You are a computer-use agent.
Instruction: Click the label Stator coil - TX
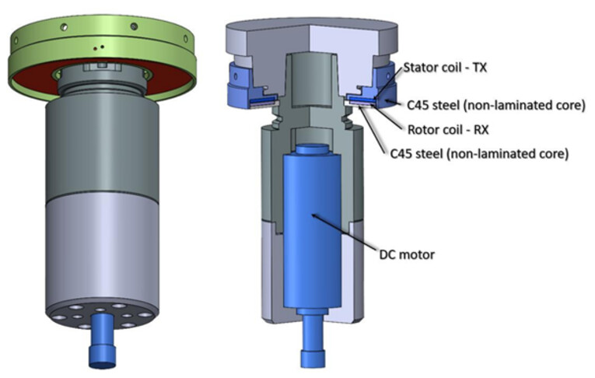point(444,68)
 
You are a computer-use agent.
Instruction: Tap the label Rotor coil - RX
point(448,130)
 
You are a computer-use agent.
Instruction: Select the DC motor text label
point(407,254)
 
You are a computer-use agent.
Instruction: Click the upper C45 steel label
point(496,105)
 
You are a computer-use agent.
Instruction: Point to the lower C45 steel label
point(479,154)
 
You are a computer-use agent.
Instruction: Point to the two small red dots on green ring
point(99,47)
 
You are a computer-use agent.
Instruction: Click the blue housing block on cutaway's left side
point(238,86)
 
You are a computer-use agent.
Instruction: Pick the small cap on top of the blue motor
point(311,149)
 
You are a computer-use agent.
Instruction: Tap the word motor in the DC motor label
point(418,254)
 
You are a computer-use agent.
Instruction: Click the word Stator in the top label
point(420,68)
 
